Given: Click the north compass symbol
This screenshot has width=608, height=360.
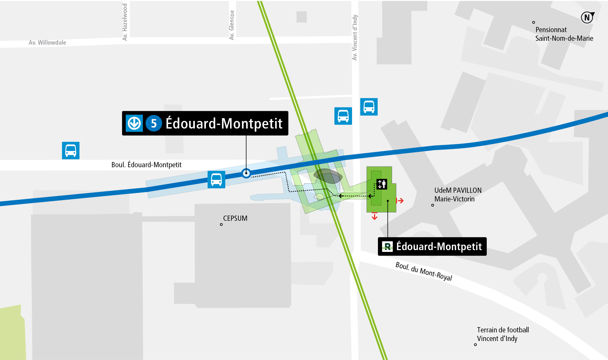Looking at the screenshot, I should pyautogui.click(x=587, y=17).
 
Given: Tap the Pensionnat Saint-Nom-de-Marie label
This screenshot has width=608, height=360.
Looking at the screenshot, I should pyautogui.click(x=564, y=34).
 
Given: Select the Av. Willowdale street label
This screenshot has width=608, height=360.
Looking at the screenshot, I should pyautogui.click(x=47, y=42).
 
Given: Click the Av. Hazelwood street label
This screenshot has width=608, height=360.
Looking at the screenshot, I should pyautogui.click(x=125, y=22).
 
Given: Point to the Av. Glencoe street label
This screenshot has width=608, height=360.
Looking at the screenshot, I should pyautogui.click(x=232, y=25).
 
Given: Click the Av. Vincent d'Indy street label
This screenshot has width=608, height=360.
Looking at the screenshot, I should pyautogui.click(x=355, y=37).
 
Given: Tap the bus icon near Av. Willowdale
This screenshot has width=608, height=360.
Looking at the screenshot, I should pyautogui.click(x=71, y=150).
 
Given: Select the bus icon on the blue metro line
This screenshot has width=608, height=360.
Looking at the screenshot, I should pyautogui.click(x=216, y=180).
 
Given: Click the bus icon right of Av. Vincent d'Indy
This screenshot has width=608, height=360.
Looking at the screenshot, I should pyautogui.click(x=369, y=107).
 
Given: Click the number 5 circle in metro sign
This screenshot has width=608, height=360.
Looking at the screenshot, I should pyautogui.click(x=154, y=123).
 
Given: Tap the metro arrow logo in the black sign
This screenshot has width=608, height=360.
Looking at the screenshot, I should pyautogui.click(x=134, y=123).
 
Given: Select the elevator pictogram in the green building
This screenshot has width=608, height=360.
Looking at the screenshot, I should pyautogui.click(x=382, y=184).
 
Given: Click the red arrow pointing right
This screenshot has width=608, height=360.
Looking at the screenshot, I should pyautogui.click(x=400, y=201).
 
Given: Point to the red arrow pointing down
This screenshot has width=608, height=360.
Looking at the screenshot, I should pyautogui.click(x=375, y=216).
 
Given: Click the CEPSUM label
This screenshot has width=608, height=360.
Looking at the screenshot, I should pyautogui.click(x=235, y=218).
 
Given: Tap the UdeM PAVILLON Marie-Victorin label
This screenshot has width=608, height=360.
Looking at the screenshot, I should pyautogui.click(x=457, y=195).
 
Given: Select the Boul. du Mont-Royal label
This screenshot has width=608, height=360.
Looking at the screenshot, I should pyautogui.click(x=424, y=272).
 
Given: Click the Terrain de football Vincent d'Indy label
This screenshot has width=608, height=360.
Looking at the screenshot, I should pyautogui.click(x=503, y=334).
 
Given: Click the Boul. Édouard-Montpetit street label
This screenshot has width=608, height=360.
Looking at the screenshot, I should pyautogui.click(x=146, y=165).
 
